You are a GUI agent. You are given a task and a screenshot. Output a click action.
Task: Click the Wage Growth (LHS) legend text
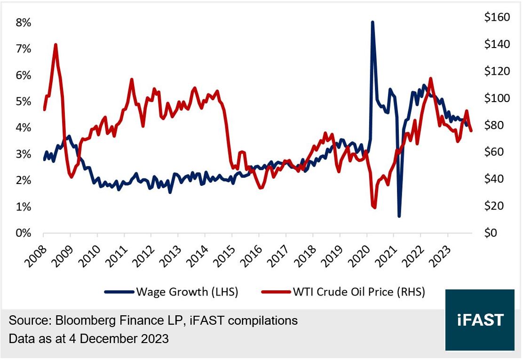pos(187,292)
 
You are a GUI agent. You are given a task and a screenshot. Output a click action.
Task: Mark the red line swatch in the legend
pos(275,292)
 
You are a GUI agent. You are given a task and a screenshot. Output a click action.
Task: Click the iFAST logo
pos(480,320)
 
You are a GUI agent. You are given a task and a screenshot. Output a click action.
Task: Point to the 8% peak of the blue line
pos(372,22)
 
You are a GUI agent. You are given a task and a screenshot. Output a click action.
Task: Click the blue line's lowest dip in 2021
pos(399,216)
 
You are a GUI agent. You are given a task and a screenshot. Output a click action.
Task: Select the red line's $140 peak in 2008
pos(55,45)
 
